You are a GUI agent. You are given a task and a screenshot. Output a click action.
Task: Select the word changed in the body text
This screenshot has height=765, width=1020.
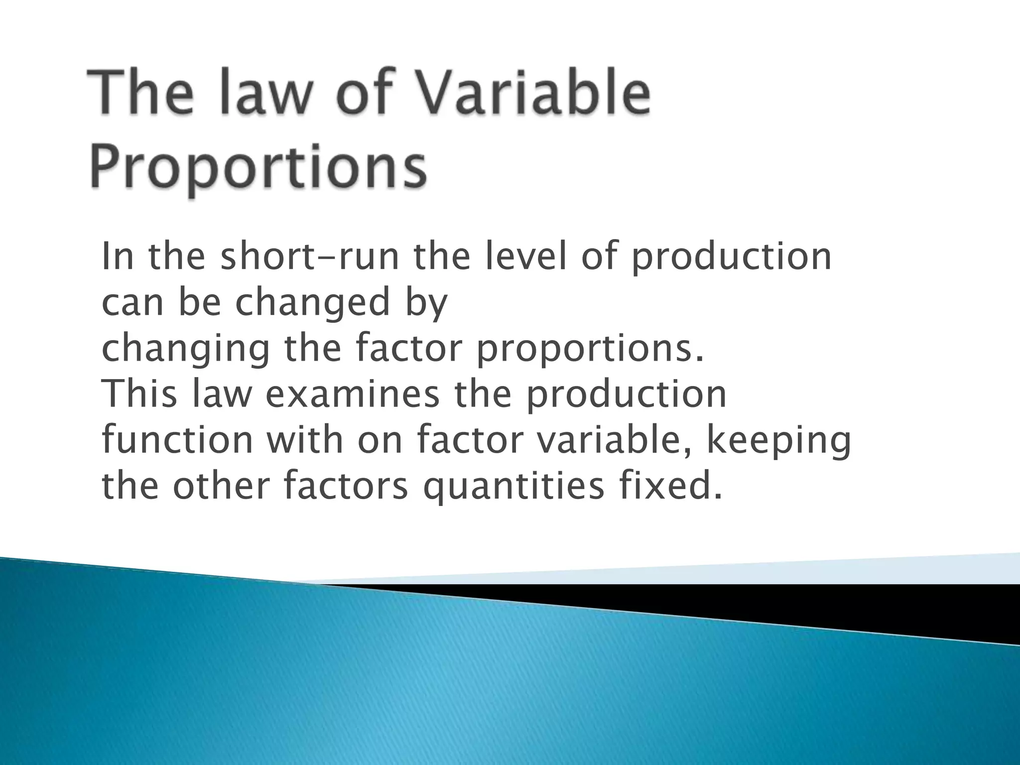point(312,303)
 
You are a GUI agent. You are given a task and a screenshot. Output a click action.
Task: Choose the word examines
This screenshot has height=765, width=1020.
point(352,393)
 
